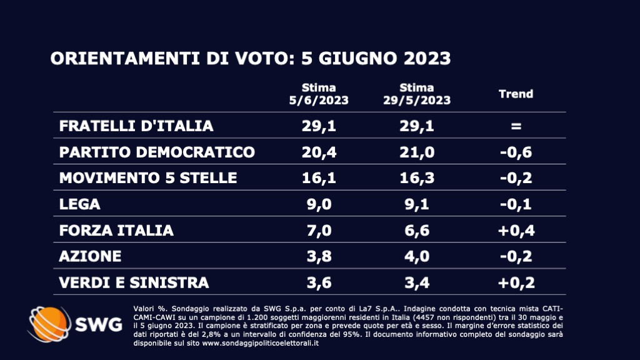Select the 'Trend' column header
516,94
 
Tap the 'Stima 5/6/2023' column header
319,94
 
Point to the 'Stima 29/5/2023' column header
417,94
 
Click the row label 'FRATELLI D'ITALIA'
136,126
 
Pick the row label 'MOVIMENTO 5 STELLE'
148,178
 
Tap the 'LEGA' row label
79,204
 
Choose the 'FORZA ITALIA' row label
116,231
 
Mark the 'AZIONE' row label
90,257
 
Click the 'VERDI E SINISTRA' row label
134,283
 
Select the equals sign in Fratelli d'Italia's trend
516,126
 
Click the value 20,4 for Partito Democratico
319,152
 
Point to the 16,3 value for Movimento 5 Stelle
417,178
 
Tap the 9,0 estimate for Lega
319,204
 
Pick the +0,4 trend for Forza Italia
516,231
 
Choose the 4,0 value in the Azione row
417,257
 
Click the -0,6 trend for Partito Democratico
516,152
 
